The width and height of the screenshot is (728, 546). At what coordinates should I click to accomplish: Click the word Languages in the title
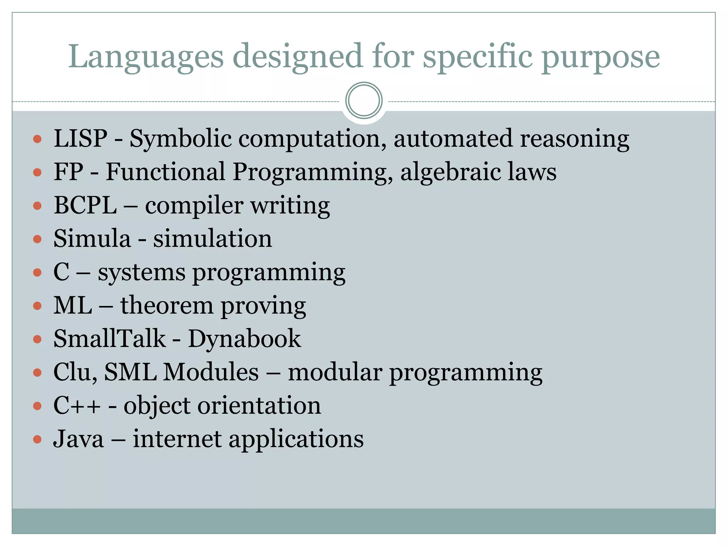tap(146, 57)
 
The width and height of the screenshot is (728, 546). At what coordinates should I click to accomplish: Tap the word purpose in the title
tap(601, 59)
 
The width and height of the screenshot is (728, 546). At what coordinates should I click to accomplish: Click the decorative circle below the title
tap(364, 101)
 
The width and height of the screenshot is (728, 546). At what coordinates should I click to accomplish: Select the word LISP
tap(80, 138)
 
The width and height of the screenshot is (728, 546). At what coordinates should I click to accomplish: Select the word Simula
tap(92, 239)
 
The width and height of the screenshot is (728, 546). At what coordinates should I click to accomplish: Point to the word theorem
tap(167, 305)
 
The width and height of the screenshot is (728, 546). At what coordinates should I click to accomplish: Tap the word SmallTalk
tap(109, 338)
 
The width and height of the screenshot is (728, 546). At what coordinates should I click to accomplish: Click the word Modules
tap(211, 372)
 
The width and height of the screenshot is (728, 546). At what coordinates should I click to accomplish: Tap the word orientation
tap(259, 406)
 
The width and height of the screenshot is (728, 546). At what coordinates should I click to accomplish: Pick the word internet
tap(177, 439)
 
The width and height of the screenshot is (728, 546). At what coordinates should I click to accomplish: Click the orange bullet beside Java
tap(37, 439)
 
